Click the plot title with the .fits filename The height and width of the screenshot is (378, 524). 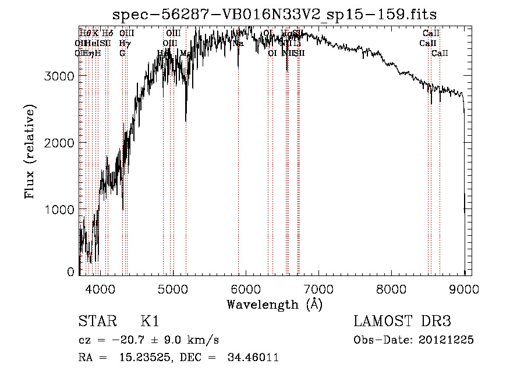coord(274,13)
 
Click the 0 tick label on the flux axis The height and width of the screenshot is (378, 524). coord(70,271)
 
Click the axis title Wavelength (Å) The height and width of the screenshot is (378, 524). coord(274,304)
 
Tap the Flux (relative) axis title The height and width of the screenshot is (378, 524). coord(30,151)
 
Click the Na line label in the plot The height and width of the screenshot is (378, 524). coord(238,43)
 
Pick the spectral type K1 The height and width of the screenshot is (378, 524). coord(150,322)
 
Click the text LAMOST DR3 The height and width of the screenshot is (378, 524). coord(402,322)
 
